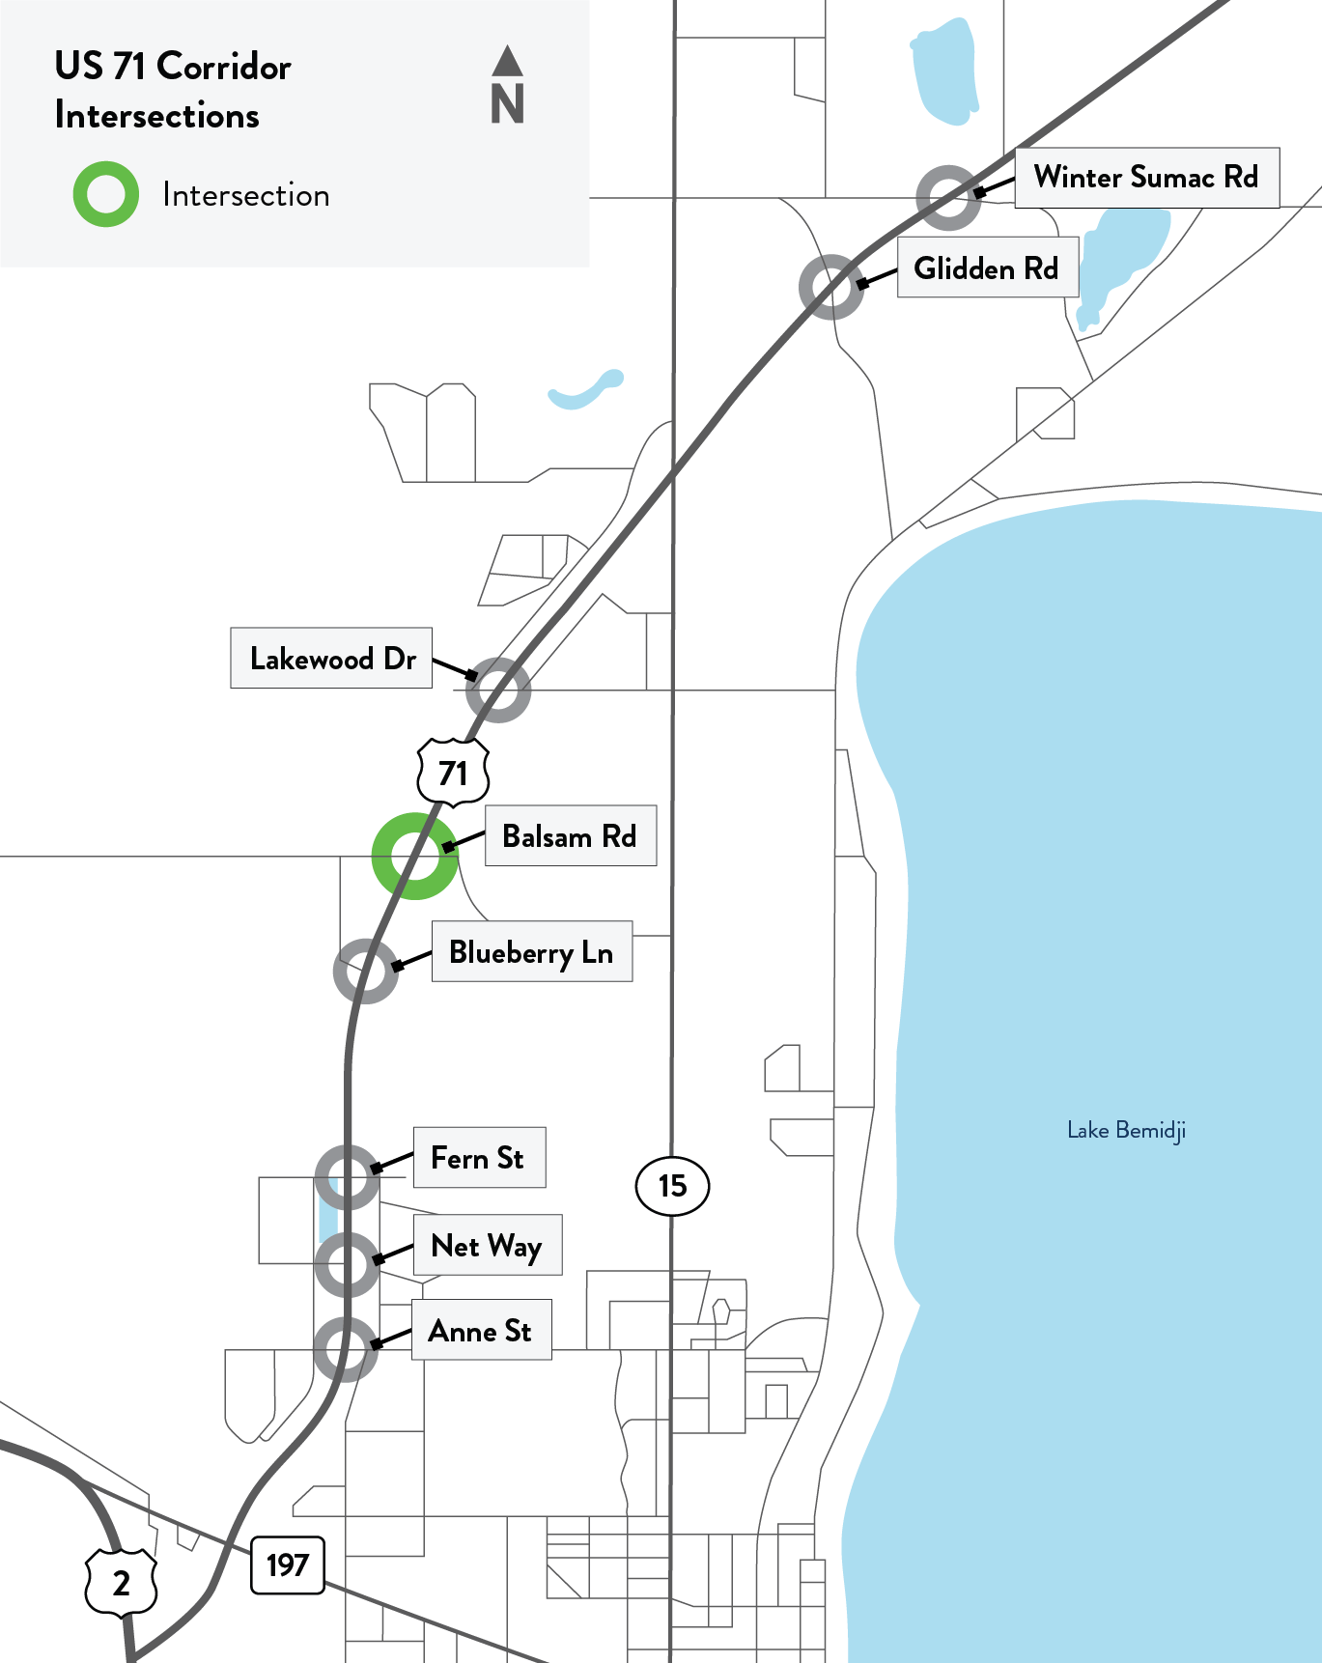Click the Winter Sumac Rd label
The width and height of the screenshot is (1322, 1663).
tap(1146, 178)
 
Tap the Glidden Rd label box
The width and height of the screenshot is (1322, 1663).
tap(986, 268)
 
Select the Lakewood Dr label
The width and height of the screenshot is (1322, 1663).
tap(331, 659)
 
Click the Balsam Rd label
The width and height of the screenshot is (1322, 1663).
tap(570, 836)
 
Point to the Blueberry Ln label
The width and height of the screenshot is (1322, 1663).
tap(531, 952)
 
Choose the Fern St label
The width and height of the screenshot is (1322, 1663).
tap(479, 1158)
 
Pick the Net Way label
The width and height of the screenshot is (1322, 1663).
tap(487, 1246)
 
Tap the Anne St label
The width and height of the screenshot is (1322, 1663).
tap(481, 1331)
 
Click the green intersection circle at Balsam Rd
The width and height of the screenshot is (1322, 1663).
tap(414, 856)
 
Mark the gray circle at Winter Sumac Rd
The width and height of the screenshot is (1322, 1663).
tap(948, 198)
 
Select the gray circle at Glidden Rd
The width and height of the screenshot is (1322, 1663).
tap(831, 287)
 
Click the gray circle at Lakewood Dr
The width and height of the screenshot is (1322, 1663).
tap(498, 690)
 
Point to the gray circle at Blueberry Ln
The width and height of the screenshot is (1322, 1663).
tap(366, 971)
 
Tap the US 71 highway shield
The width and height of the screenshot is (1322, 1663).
tap(453, 773)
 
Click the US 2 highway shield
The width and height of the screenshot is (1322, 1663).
tap(121, 1583)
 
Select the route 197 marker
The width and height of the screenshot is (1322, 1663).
tap(288, 1564)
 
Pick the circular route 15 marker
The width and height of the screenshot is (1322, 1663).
tap(672, 1186)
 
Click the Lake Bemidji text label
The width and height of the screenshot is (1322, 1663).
tap(1126, 1130)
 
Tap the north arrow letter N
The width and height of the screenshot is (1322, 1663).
tap(507, 103)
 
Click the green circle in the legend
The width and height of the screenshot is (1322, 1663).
tap(106, 194)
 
